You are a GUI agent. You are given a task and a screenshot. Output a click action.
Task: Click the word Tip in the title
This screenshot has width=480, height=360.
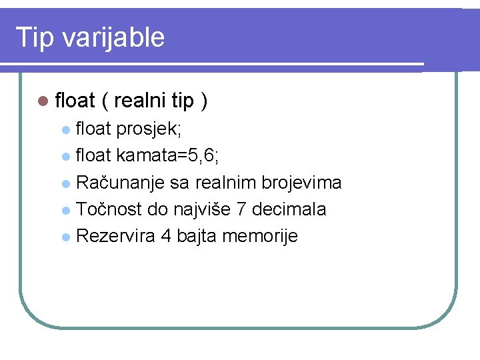(x=34, y=37)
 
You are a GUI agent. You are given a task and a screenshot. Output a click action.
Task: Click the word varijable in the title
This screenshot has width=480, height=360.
(x=113, y=37)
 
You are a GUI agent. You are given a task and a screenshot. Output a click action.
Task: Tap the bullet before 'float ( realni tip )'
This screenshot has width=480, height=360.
(x=43, y=101)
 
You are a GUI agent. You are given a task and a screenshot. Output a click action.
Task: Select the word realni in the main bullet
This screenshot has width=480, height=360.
(x=141, y=101)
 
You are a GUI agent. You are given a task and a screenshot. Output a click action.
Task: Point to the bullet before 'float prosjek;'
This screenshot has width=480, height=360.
(x=65, y=129)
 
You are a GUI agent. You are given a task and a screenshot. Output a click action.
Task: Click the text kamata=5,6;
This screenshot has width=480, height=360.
(x=166, y=155)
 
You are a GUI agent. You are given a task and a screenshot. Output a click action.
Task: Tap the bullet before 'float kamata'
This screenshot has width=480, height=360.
(x=65, y=157)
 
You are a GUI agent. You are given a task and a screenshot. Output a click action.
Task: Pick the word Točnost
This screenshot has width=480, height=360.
(x=109, y=209)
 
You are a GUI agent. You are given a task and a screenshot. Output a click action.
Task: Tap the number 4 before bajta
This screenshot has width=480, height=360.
(x=166, y=236)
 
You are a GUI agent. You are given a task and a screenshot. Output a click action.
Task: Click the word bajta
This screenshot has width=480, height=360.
(x=197, y=236)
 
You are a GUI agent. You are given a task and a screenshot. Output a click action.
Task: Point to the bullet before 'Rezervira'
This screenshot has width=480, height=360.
(x=65, y=237)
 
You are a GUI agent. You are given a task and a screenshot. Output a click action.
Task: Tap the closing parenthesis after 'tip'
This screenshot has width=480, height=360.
(x=204, y=101)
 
